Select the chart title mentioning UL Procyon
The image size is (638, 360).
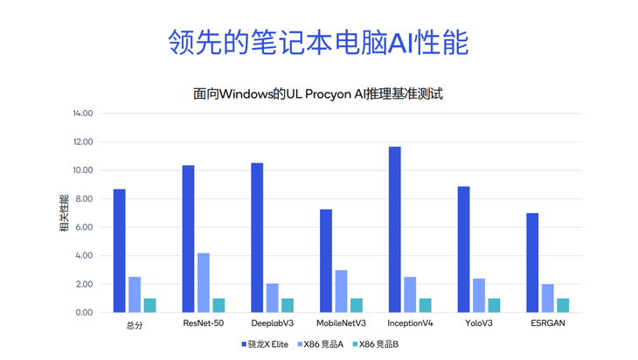(318, 93)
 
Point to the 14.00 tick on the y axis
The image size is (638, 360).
(82, 114)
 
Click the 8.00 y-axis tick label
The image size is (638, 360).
(84, 199)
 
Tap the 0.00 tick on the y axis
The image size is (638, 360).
(84, 313)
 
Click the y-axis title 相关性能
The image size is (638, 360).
(64, 213)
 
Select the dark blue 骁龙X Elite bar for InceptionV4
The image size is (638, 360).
(395, 230)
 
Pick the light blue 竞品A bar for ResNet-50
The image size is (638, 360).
(204, 282)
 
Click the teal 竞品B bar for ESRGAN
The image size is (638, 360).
(563, 305)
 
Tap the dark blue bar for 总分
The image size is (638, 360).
(120, 251)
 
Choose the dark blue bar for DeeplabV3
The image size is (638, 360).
(257, 238)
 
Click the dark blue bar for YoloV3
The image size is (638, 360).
(463, 249)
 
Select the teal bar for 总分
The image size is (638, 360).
(150, 305)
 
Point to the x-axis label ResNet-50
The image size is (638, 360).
(204, 324)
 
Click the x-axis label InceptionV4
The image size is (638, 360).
(410, 324)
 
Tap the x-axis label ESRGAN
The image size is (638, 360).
(547, 324)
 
